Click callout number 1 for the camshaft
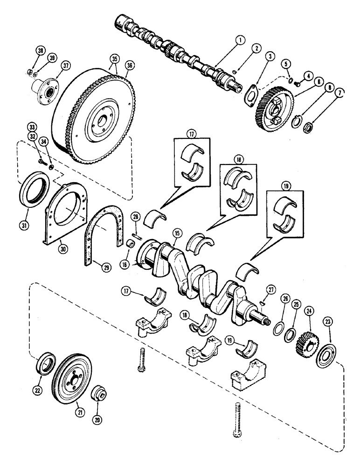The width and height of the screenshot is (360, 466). click(x=239, y=41)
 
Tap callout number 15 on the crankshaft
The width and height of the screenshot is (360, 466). click(x=175, y=230)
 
